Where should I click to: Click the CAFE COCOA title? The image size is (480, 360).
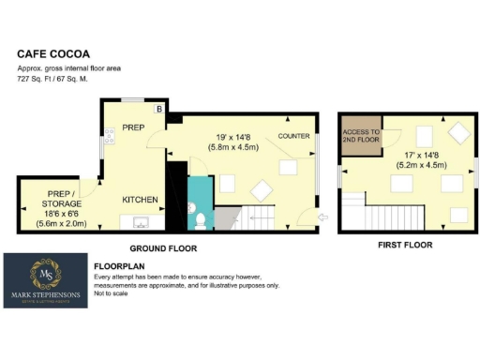[x=47, y=54]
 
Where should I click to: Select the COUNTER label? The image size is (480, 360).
[x=293, y=137]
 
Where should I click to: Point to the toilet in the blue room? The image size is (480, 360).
[x=201, y=222]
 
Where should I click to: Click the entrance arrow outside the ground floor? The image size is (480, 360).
[x=324, y=218]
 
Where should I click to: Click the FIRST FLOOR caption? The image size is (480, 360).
[x=406, y=245]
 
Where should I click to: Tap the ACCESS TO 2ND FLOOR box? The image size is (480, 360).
[x=359, y=137]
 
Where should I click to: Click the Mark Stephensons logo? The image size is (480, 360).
[x=46, y=280]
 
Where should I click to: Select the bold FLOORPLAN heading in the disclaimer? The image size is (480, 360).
[x=119, y=266]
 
